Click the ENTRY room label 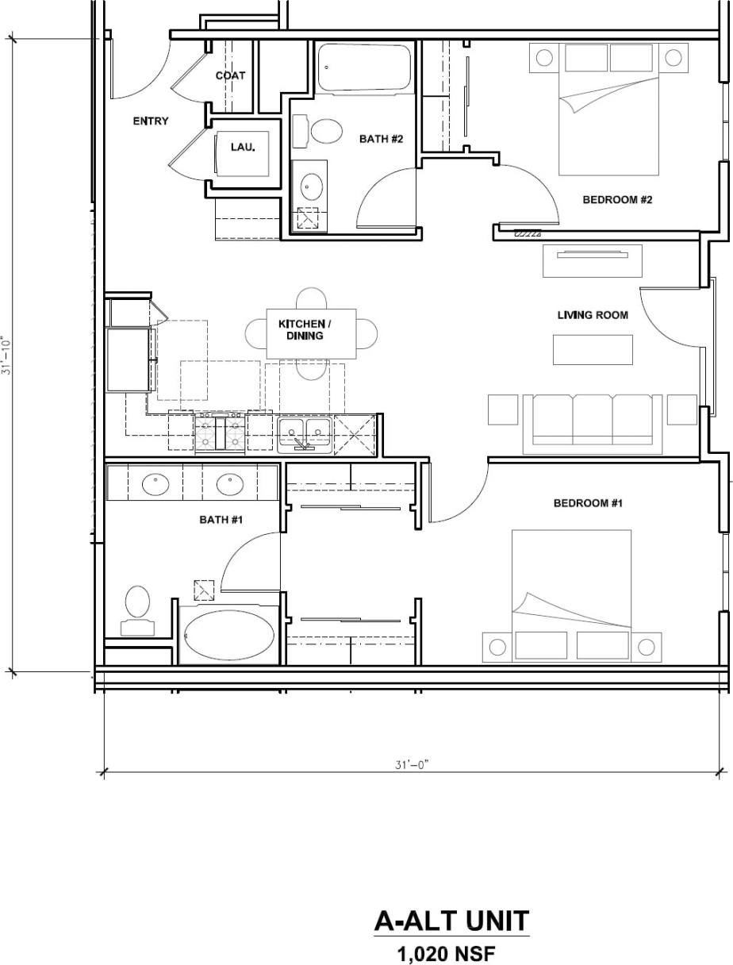click(x=150, y=121)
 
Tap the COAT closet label click(x=230, y=76)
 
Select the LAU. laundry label click(x=243, y=147)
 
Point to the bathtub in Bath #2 click(x=364, y=68)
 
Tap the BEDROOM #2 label click(x=617, y=200)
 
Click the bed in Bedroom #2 click(x=608, y=111)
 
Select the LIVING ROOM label click(x=593, y=315)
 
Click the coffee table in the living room click(x=593, y=349)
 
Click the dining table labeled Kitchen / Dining click(x=310, y=333)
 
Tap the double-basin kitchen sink click(x=305, y=433)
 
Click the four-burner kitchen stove click(x=221, y=434)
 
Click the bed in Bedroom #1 click(x=571, y=595)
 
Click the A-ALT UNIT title click(x=451, y=921)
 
